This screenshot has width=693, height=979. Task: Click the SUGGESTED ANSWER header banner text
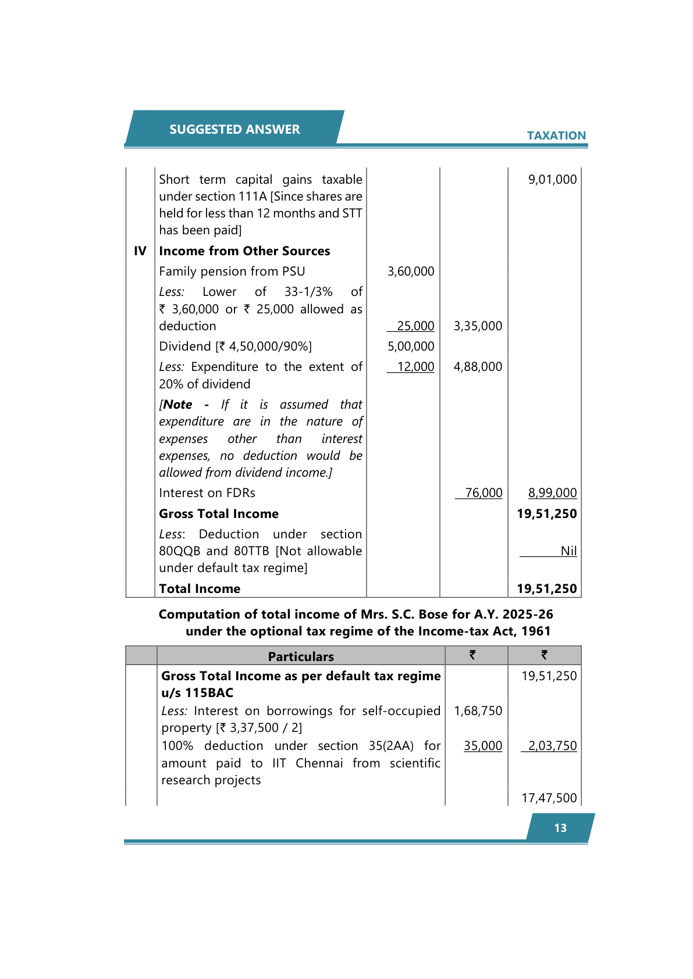(234, 129)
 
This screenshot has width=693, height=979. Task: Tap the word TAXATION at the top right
(556, 135)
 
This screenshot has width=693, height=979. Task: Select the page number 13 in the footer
(560, 828)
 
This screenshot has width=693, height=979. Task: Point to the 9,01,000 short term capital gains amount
(552, 180)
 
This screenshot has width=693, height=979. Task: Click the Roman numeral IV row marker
(140, 251)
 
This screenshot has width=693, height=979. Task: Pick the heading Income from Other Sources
(244, 251)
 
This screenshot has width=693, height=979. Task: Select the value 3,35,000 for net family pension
(478, 326)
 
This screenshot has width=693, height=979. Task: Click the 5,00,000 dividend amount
(411, 346)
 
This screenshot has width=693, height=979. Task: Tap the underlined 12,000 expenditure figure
(415, 367)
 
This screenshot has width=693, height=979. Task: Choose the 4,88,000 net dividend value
(478, 367)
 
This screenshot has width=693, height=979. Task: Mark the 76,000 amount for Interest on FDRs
(484, 493)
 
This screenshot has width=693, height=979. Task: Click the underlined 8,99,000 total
(552, 493)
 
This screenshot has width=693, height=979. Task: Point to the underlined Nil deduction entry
(568, 551)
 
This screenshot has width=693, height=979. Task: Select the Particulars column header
(301, 656)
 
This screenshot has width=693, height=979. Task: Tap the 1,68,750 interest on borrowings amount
(478, 711)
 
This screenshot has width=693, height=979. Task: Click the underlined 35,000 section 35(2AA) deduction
(483, 746)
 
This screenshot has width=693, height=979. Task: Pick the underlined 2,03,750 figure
(552, 746)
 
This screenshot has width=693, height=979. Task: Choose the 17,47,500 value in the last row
(549, 798)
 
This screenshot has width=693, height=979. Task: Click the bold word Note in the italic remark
(178, 405)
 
